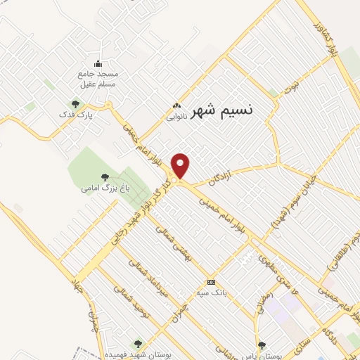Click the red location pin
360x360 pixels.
181,166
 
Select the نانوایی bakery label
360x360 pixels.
176,117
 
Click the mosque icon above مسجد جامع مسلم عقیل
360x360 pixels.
98,64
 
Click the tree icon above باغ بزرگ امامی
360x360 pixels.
105,177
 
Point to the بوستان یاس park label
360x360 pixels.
285,345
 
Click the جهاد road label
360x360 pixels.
76,285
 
